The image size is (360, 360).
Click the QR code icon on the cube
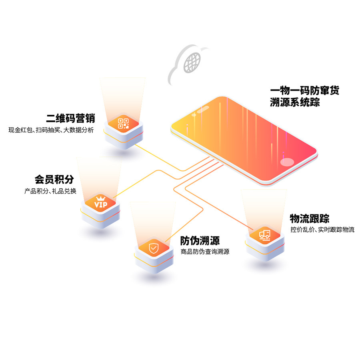click(x=123, y=124)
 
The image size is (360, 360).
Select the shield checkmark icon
click(x=154, y=248)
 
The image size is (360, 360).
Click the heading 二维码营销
click(x=70, y=118)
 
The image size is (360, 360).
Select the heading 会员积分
click(x=54, y=179)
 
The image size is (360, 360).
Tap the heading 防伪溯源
click(x=200, y=240)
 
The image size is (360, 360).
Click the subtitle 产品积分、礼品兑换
click(x=50, y=191)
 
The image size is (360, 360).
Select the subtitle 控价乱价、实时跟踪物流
click(x=322, y=230)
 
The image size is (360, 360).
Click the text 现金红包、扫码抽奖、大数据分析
click(x=51, y=130)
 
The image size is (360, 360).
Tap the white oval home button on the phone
click(x=288, y=162)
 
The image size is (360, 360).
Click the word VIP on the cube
click(x=101, y=205)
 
